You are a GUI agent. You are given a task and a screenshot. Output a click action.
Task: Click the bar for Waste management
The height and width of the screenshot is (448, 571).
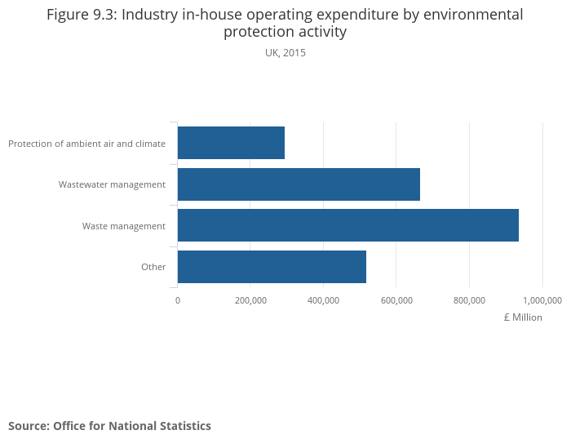click(x=347, y=225)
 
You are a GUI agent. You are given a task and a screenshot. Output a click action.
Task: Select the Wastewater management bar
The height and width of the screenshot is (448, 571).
click(x=299, y=184)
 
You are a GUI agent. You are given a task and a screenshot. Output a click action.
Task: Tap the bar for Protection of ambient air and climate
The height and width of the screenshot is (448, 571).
click(x=231, y=143)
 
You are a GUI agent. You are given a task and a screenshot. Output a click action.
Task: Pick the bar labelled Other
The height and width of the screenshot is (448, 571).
click(x=272, y=267)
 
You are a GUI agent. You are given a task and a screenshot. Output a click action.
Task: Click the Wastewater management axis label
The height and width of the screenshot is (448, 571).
click(x=112, y=184)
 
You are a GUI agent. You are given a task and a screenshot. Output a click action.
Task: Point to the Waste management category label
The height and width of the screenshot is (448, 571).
click(x=124, y=226)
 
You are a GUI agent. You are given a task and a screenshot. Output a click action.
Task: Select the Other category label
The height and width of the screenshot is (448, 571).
click(x=153, y=267)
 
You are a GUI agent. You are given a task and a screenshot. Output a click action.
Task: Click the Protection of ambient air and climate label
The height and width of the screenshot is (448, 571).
click(x=86, y=144)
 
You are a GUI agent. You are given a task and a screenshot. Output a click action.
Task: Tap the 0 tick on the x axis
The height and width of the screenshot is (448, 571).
click(x=178, y=300)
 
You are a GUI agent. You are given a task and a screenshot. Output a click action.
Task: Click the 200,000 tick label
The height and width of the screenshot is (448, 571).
click(x=250, y=300)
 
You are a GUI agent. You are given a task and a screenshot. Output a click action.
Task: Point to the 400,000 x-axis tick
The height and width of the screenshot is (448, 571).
click(x=323, y=300)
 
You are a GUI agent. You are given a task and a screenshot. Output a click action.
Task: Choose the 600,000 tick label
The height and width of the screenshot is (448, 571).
click(x=396, y=300)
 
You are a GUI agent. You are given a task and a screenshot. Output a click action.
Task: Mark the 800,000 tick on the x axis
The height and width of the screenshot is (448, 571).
click(x=469, y=300)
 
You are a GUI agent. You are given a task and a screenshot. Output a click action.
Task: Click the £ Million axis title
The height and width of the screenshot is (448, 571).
click(x=523, y=317)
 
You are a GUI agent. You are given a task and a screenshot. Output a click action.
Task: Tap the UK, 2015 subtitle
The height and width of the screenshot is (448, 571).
click(x=285, y=53)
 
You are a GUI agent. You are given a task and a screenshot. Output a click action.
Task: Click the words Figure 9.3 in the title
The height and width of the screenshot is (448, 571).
click(x=81, y=15)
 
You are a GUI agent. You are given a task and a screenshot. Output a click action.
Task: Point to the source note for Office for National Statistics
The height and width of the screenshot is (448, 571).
click(x=109, y=426)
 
